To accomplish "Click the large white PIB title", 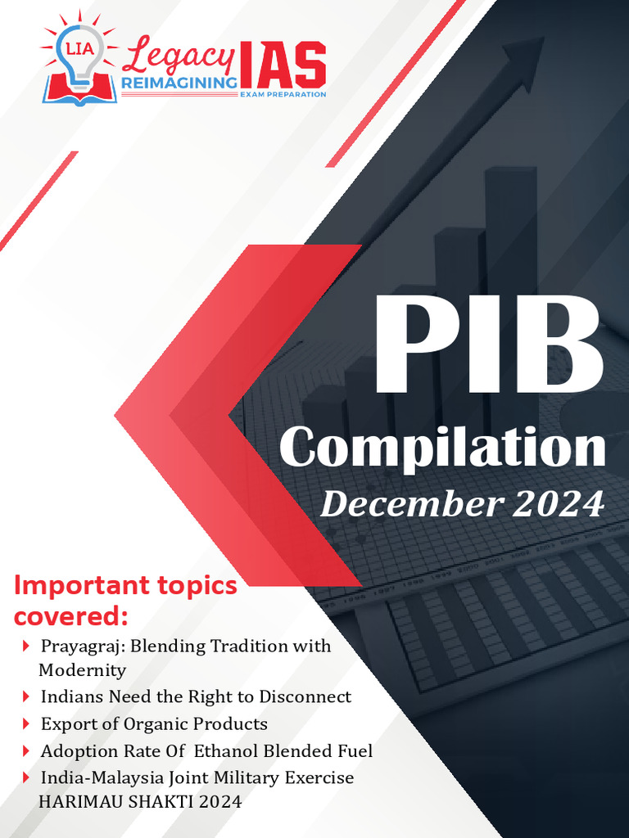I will (x=489, y=348).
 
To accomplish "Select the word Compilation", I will (x=442, y=448).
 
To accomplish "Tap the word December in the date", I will (x=411, y=504).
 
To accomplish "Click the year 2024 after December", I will (x=558, y=504).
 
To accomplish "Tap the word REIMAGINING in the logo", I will (x=179, y=83).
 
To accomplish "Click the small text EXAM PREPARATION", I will (x=283, y=95).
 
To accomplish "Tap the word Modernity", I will (x=82, y=670).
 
